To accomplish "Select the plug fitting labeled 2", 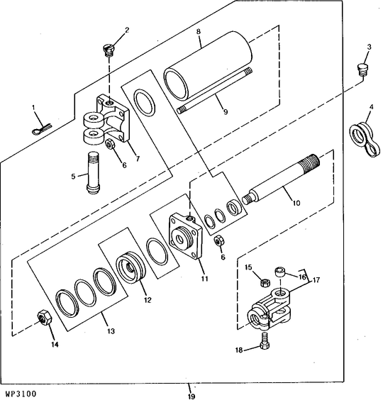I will [108, 50].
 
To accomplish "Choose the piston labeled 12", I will [131, 270].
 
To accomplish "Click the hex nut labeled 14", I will [42, 320].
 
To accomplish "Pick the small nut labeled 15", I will [264, 280].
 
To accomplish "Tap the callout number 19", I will [191, 395].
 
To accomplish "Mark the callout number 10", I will [296, 202].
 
